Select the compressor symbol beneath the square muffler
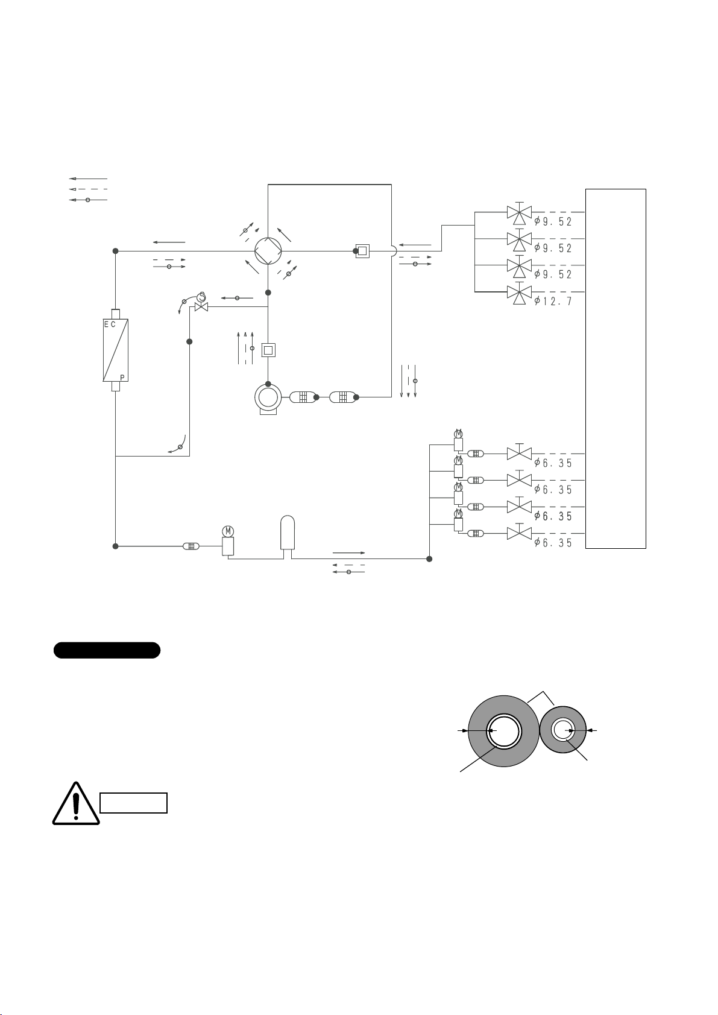tap(268, 399)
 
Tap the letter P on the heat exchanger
tap(122, 377)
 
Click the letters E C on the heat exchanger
tap(110, 324)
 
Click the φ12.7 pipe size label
tap(553, 301)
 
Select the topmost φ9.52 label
tap(553, 221)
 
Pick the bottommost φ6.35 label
tap(553, 542)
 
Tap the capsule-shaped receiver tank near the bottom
tap(288, 533)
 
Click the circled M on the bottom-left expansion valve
tap(228, 531)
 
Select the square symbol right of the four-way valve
tap(362, 251)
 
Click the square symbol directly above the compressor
tap(268, 350)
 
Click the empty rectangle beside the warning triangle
tap(133, 803)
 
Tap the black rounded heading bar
tap(107, 650)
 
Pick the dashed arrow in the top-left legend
tap(88, 189)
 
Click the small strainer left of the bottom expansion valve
tap(191, 546)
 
